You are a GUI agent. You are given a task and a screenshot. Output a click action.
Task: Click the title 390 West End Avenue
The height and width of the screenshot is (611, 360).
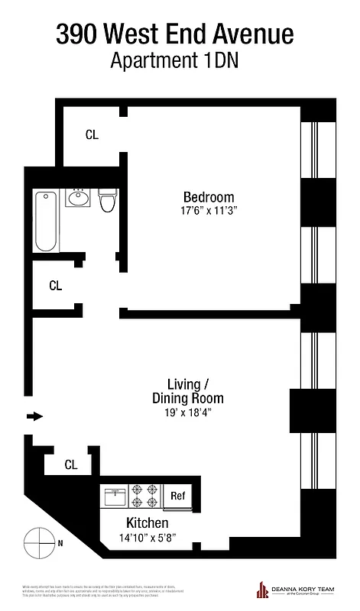coord(175,34)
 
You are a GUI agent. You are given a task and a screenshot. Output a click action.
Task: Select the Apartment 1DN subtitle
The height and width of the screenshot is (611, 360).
coord(175,62)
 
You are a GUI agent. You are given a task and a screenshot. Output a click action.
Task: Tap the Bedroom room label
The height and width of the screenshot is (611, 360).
coord(209,196)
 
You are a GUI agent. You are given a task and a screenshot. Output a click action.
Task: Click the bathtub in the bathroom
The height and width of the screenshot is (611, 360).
coord(46,221)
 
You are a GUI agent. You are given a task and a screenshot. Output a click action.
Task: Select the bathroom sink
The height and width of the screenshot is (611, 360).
coord(78,199)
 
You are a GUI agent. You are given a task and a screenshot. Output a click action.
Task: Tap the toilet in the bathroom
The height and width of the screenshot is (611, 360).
coord(106,201)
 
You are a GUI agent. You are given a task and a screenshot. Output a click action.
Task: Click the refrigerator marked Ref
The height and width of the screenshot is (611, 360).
coord(177,496)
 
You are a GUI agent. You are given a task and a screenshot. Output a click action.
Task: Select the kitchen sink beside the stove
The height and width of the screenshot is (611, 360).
coord(115,496)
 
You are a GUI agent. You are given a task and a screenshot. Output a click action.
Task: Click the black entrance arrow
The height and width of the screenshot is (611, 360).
coord(35,416)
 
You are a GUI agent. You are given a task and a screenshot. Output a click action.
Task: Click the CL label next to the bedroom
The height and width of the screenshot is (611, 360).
coord(92,135)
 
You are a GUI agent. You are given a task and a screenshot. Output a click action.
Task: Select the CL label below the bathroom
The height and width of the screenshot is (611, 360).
coord(55,286)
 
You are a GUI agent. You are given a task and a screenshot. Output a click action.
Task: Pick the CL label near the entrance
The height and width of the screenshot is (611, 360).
coord(70,464)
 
